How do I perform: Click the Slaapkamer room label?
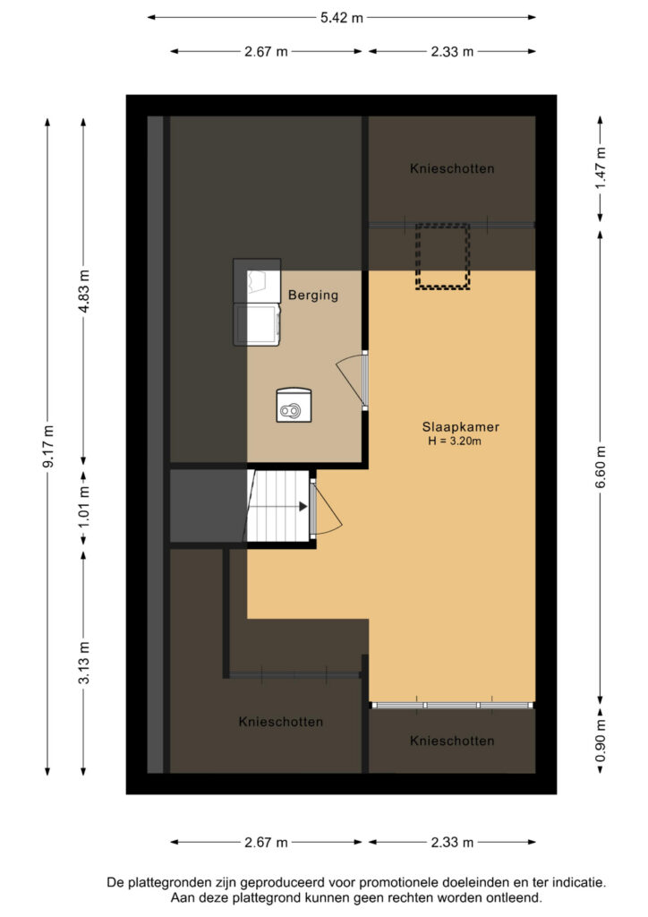click(x=460, y=427)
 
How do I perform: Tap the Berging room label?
click(x=313, y=295)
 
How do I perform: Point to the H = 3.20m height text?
click(x=455, y=441)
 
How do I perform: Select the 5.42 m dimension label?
click(x=341, y=18)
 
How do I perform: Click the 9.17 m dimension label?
click(x=48, y=446)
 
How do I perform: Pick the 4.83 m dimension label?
click(x=84, y=291)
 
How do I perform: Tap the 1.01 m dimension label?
click(x=84, y=507)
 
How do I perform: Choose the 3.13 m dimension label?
click(x=84, y=663)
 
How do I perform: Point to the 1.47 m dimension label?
click(x=601, y=167)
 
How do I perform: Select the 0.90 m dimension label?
click(x=601, y=741)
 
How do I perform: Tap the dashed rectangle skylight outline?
click(x=442, y=256)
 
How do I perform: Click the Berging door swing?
click(x=351, y=380)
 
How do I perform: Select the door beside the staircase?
click(x=327, y=509)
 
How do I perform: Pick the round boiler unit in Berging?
click(x=294, y=405)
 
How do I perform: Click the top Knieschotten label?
click(x=452, y=168)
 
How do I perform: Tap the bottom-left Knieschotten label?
click(x=281, y=722)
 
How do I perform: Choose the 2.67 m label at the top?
click(x=266, y=51)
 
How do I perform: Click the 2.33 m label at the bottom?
click(x=452, y=842)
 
